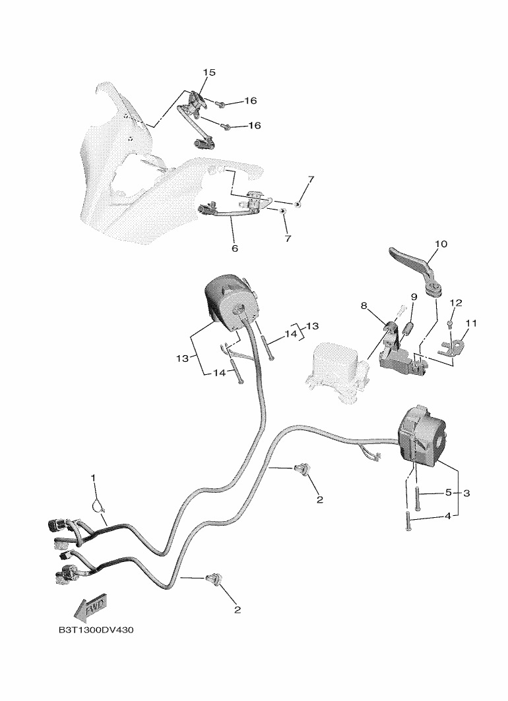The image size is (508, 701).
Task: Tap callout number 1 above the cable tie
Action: click(x=93, y=478)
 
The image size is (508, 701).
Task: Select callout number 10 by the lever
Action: click(x=441, y=244)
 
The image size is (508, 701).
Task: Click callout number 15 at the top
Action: click(x=209, y=72)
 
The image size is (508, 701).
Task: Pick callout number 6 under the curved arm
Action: click(x=235, y=248)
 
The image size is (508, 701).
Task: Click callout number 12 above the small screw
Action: click(x=456, y=303)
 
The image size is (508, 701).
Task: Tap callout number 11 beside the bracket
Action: click(x=471, y=323)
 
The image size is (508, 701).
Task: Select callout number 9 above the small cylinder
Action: click(x=414, y=297)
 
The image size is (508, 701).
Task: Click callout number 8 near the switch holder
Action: click(x=364, y=306)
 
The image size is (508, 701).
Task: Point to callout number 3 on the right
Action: click(x=466, y=493)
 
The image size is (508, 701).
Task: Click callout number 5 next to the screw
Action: click(x=449, y=493)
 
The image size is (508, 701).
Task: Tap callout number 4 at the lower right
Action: click(x=448, y=517)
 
